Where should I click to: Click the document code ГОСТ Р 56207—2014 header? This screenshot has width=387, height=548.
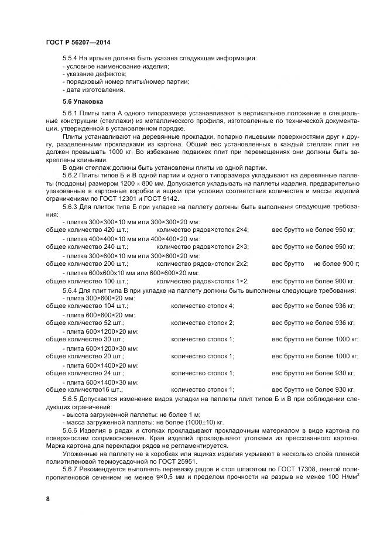(77, 42)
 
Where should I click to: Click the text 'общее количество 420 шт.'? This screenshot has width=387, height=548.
(86, 230)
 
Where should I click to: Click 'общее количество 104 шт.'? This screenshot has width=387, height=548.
(86, 306)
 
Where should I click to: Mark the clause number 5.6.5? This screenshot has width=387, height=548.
(71, 398)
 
